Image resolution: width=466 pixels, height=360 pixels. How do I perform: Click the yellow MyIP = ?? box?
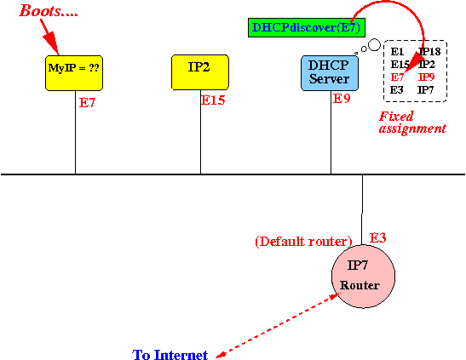[74, 72]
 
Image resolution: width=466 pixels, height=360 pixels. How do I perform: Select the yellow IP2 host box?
[200, 72]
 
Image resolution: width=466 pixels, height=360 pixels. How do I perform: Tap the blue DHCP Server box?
[330, 73]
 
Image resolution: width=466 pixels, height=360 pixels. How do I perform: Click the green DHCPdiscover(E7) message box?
[307, 27]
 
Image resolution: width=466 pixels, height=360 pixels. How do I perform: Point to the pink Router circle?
[363, 277]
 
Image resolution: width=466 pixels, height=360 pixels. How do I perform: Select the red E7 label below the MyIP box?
[87, 103]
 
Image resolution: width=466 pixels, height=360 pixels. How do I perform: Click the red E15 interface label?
[213, 100]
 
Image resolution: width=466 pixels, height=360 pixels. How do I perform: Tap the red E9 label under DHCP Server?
[342, 98]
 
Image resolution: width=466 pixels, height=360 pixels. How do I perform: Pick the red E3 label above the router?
[377, 238]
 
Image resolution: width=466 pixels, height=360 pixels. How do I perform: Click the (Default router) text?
[303, 242]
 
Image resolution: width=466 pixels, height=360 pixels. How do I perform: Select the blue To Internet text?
[170, 355]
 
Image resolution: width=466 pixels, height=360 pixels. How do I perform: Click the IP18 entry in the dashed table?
[429, 52]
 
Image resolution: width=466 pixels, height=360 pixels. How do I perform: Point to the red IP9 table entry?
[427, 77]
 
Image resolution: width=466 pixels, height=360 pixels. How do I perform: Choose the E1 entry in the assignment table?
[397, 52]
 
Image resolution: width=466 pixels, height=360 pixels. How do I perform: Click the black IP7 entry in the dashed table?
[426, 89]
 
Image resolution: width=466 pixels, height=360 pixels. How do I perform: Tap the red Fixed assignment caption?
[412, 123]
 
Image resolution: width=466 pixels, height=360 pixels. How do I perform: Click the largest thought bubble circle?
[375, 45]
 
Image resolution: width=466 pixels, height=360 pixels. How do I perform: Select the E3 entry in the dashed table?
[397, 89]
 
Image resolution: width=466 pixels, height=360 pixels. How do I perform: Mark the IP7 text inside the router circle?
[358, 265]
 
